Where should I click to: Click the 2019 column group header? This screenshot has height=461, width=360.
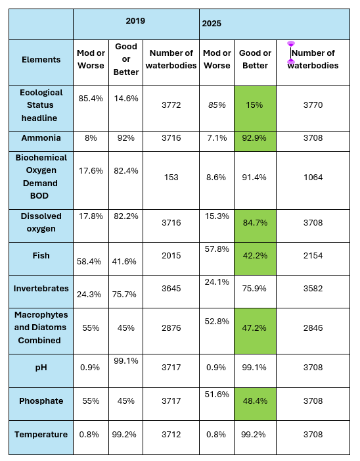[x=135, y=21]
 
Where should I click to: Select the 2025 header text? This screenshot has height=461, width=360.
[x=212, y=24]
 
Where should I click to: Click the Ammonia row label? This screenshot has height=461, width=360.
[x=41, y=138]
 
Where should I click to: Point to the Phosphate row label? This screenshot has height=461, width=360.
[x=41, y=401]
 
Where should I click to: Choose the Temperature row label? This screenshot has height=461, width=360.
[x=41, y=435]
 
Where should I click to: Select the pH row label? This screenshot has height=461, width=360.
[x=41, y=368]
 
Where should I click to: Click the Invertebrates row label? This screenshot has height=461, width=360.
[x=41, y=289]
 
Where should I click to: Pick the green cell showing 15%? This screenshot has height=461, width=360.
[x=255, y=109]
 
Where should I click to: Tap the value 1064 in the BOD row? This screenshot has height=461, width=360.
[x=313, y=178]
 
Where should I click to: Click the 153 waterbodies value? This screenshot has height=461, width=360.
[x=171, y=178]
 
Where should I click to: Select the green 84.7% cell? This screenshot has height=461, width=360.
[x=255, y=226]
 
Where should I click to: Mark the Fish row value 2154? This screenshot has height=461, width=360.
[x=313, y=256]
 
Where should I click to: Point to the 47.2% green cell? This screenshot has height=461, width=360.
[x=255, y=331]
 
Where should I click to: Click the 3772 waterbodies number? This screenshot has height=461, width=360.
[x=171, y=105]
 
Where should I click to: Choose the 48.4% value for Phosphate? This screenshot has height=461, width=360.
[x=255, y=401]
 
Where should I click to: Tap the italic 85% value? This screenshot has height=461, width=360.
[x=217, y=105]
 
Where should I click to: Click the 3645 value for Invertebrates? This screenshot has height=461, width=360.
[x=171, y=289]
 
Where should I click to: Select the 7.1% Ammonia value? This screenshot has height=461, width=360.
[x=217, y=138]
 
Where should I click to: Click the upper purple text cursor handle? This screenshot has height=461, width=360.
[x=291, y=44]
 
